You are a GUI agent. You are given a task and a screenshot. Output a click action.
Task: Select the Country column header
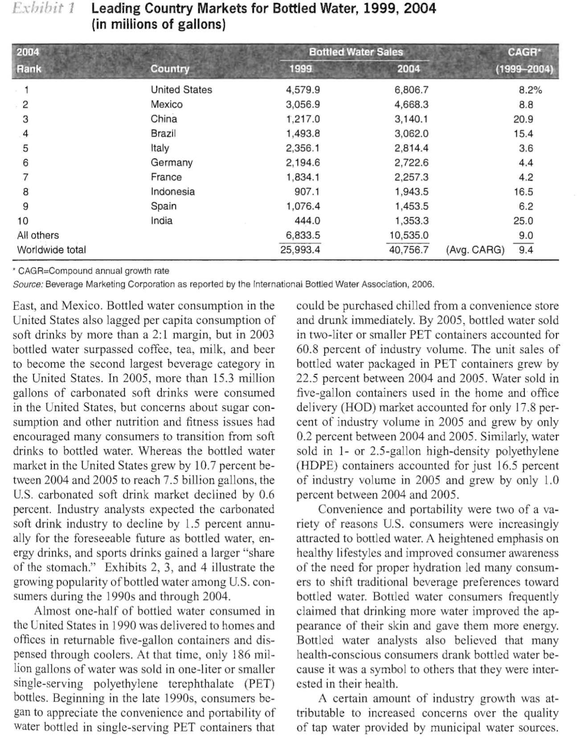(170, 69)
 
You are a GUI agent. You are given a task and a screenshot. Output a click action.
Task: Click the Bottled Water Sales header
(356, 52)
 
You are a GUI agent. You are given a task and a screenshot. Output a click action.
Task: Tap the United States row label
(181, 90)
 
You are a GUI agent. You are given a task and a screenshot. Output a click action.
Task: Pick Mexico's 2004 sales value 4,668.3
(411, 104)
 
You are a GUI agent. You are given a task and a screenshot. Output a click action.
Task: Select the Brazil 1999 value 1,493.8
(303, 133)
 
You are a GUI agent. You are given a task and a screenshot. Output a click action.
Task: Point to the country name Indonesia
(172, 192)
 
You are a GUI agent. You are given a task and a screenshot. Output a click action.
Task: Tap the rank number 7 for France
(25, 177)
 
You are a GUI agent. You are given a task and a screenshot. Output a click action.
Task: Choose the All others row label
(38, 235)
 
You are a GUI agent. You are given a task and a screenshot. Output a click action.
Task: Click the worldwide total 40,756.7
(409, 250)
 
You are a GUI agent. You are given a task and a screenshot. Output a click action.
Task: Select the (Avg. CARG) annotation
(475, 250)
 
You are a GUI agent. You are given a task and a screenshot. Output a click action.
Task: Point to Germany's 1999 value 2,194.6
(303, 163)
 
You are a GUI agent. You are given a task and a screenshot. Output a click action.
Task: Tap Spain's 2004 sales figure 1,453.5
(411, 206)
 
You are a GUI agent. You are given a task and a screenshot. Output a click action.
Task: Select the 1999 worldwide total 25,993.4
(300, 250)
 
